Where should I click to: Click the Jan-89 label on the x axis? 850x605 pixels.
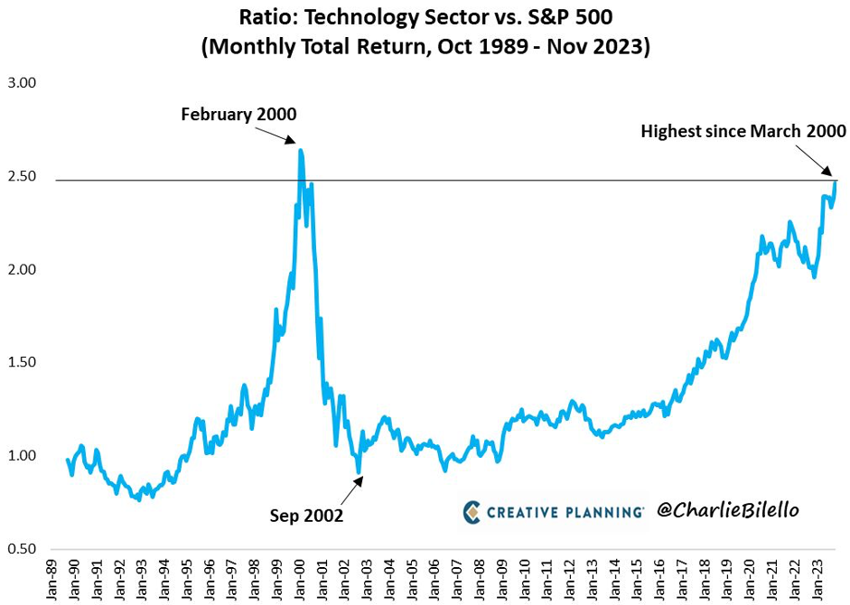[x=53, y=578]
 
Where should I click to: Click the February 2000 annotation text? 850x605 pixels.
[x=238, y=115]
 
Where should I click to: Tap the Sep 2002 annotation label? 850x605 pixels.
[x=306, y=516]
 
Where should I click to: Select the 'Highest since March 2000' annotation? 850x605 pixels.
[x=743, y=132]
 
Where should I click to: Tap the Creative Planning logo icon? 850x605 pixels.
[x=473, y=511]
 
